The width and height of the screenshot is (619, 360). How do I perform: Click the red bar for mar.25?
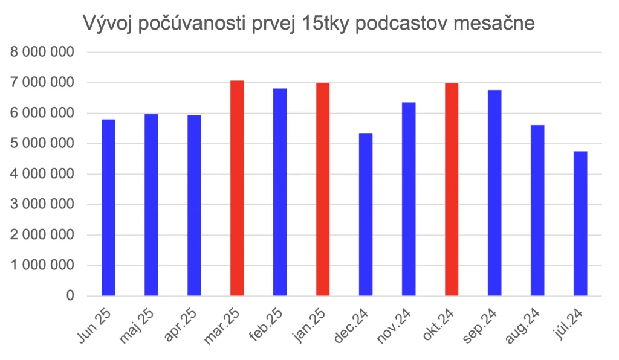pyautogui.click(x=237, y=188)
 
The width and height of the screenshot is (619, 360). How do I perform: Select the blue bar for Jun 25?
pyautogui.click(x=108, y=207)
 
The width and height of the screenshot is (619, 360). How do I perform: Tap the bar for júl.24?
pyautogui.click(x=580, y=223)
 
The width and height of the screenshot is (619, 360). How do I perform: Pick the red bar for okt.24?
pyautogui.click(x=452, y=189)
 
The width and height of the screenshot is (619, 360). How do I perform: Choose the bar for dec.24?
pyautogui.click(x=366, y=214)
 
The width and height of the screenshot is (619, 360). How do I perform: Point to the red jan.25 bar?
pyautogui.click(x=323, y=189)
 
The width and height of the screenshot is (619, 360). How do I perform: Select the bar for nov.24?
pyautogui.click(x=409, y=199)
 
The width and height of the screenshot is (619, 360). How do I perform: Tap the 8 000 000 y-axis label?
pyautogui.click(x=43, y=53)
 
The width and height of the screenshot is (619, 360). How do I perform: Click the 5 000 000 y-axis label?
pyautogui.click(x=43, y=144)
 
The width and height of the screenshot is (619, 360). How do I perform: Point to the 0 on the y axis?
pyautogui.click(x=71, y=296)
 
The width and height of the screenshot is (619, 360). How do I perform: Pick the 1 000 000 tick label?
pyautogui.click(x=43, y=265)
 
